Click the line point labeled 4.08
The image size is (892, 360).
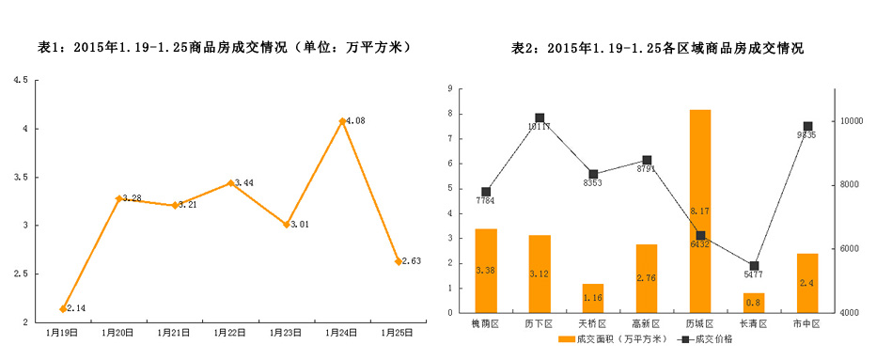click(x=342, y=121)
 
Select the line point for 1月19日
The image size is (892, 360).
click(x=63, y=308)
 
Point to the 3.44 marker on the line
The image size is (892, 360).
click(x=230, y=183)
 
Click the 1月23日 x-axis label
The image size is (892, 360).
click(x=286, y=332)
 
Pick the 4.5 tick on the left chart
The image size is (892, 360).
click(x=20, y=80)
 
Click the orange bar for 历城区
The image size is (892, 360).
click(x=699, y=211)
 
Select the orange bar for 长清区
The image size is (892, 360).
click(x=753, y=303)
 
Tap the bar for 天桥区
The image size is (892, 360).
click(x=592, y=298)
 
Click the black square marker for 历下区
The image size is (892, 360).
click(x=540, y=118)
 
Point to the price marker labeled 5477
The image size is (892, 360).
click(x=753, y=266)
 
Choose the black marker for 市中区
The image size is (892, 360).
click(x=806, y=127)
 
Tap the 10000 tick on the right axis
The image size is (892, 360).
click(x=853, y=121)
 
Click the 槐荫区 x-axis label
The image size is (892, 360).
click(x=485, y=324)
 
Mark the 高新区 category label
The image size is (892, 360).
click(x=646, y=324)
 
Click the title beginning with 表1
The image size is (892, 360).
click(x=224, y=47)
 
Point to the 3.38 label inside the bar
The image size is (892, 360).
click(x=485, y=271)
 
